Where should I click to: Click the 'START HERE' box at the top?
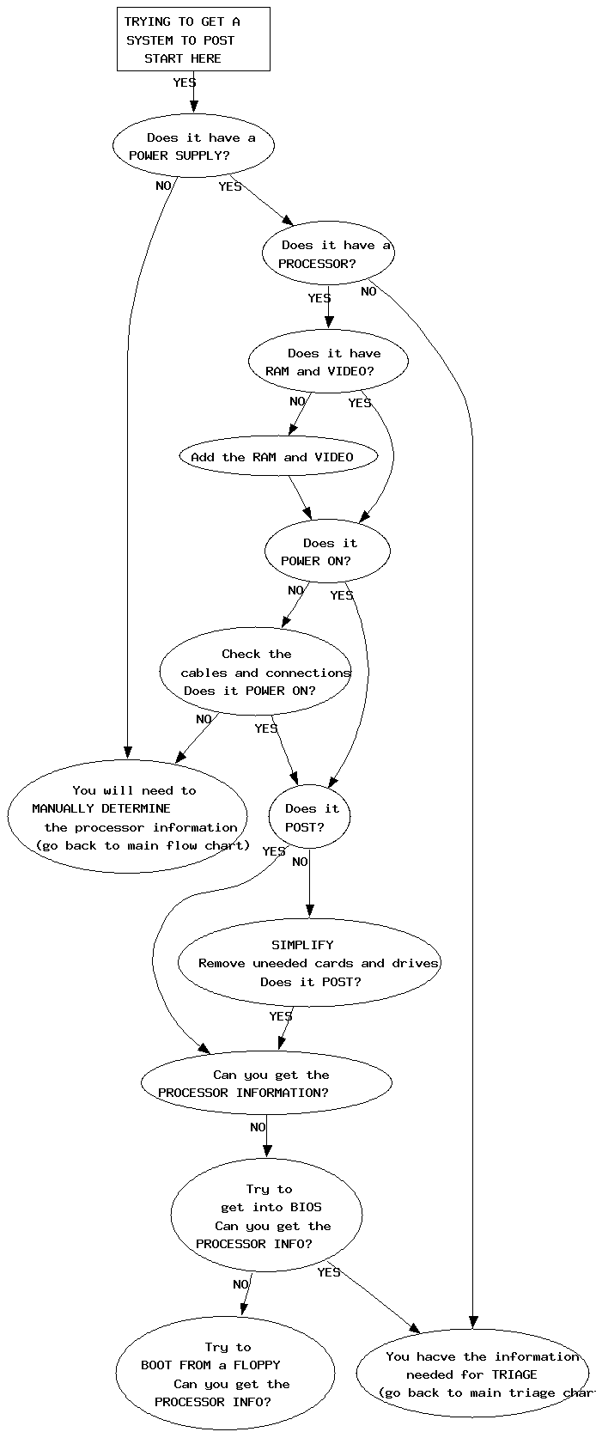click(x=193, y=40)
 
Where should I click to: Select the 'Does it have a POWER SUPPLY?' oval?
click(x=193, y=146)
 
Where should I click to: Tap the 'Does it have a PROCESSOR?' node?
click(x=328, y=253)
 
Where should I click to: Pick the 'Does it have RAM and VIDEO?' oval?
click(x=328, y=362)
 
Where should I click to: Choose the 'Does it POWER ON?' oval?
click(x=327, y=551)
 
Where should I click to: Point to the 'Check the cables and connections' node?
click(x=256, y=672)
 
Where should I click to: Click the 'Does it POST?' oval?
click(x=310, y=817)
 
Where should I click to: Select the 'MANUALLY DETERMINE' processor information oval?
click(x=128, y=817)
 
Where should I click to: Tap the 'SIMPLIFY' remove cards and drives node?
click(x=309, y=963)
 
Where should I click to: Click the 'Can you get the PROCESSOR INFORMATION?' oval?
click(x=266, y=1083)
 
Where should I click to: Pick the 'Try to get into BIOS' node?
click(x=266, y=1216)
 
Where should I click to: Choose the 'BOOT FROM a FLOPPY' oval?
click(x=225, y=1374)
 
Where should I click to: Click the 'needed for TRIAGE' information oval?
click(x=472, y=1374)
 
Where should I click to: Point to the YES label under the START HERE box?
click(x=185, y=83)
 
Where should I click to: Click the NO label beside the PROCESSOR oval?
click(x=368, y=291)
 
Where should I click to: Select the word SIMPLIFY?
click(x=302, y=945)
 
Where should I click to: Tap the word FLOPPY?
click(x=257, y=1365)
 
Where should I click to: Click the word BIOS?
click(x=306, y=1207)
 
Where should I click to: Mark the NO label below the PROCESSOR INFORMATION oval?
click(x=258, y=1127)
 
